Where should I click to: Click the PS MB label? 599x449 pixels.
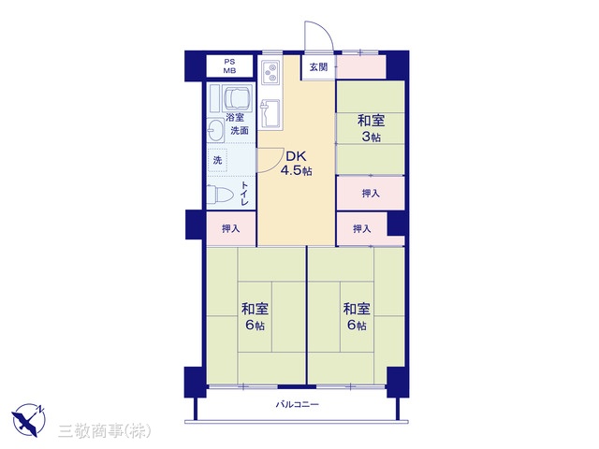tap(229, 66)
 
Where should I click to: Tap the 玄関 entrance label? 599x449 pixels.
tap(318, 67)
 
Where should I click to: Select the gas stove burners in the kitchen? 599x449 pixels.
tap(270, 73)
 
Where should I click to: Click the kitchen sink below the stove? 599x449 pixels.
tap(270, 113)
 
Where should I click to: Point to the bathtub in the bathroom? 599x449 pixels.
tap(238, 98)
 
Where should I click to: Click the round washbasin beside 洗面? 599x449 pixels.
tap(215, 130)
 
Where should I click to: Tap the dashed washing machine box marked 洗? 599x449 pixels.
tap(217, 160)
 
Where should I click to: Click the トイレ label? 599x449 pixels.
tap(244, 194)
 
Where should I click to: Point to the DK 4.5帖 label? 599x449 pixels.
tap(296, 163)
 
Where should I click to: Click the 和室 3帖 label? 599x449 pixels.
tap(371, 128)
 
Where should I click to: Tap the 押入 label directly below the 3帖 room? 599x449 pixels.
tap(371, 194)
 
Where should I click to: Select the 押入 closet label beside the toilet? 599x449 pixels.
tap(231, 228)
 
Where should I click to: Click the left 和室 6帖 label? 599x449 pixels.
tap(255, 316)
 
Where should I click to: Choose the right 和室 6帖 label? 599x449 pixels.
tap(357, 316)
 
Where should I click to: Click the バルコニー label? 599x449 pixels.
tap(298, 404)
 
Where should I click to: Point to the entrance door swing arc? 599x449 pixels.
tap(325, 30)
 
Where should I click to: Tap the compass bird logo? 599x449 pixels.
tap(29, 420)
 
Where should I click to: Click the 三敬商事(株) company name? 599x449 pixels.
tap(104, 431)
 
